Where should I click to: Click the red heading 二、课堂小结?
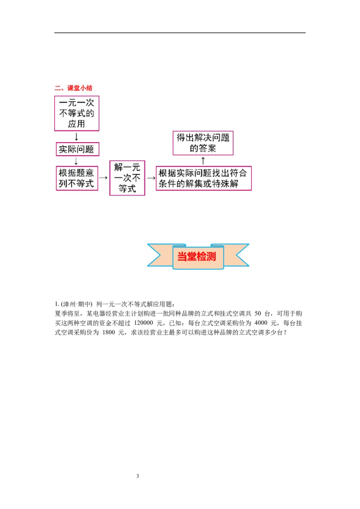point(73,88)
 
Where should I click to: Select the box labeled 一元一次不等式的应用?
point(76,113)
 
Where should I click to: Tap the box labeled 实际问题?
point(77,149)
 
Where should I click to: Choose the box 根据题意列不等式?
point(77,178)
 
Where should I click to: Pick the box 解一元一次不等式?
point(127,178)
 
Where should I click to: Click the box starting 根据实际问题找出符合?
point(203,179)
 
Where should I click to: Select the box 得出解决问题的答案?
point(203,143)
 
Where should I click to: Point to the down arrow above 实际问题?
point(76,137)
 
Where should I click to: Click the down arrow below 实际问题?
point(76,161)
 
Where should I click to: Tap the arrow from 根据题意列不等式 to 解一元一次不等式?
point(103,178)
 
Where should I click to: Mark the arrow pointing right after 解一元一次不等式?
point(151,178)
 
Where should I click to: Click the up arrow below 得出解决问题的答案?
point(203,161)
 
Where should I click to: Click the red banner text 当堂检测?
point(197,257)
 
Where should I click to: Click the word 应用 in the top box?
point(76,124)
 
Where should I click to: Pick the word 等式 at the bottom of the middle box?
point(127,189)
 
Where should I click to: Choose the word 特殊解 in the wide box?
point(228,184)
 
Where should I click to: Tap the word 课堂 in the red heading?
point(73,88)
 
